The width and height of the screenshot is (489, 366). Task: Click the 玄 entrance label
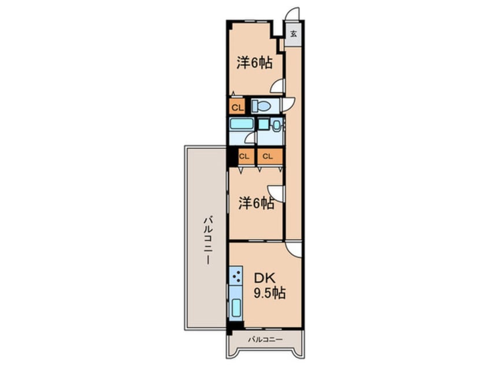tap(294, 33)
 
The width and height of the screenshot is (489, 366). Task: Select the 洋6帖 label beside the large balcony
tap(257, 203)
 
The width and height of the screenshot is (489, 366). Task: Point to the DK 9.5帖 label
tap(269, 286)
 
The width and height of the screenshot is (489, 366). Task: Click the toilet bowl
tap(262, 106)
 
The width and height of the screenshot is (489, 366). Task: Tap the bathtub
tap(241, 124)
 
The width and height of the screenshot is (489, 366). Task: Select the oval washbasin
tap(276, 125)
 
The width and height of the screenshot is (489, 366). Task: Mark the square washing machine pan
tap(263, 125)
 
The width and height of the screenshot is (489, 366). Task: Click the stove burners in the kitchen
tap(236, 276)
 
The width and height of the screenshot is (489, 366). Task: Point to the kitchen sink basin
tap(237, 308)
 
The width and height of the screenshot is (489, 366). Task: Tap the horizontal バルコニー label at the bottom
tap(265, 339)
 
